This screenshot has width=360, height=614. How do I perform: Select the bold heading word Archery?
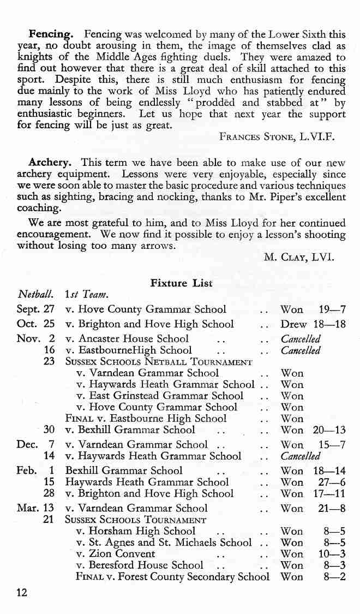point(50,163)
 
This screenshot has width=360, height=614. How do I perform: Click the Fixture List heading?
point(181,283)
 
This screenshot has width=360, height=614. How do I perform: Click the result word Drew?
point(293,324)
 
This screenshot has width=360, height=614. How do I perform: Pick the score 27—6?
point(333,482)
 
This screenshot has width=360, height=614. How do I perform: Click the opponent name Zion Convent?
point(116,553)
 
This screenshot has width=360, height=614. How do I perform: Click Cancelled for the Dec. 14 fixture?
point(300,456)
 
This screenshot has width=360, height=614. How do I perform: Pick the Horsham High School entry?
point(136,530)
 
